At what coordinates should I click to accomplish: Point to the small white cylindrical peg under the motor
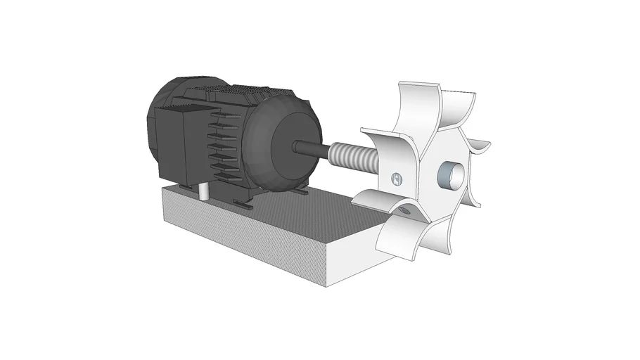(203, 191)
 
